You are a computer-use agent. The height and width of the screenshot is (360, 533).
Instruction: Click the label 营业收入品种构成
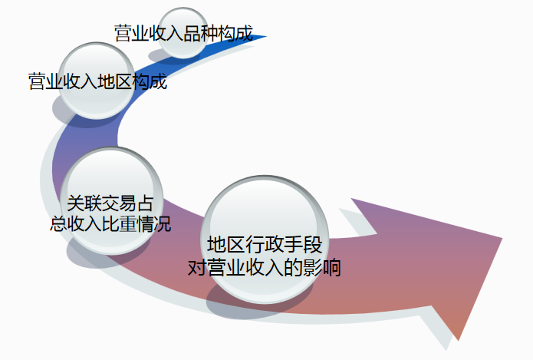pos(183,34)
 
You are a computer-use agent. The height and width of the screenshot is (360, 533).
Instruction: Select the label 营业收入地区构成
pos(97,81)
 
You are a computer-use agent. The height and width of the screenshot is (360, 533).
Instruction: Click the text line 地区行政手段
pos(264,246)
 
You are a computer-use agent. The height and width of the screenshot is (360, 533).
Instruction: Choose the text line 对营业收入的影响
pos(264,269)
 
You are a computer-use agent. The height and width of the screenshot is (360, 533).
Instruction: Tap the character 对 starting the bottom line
pos(197,269)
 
